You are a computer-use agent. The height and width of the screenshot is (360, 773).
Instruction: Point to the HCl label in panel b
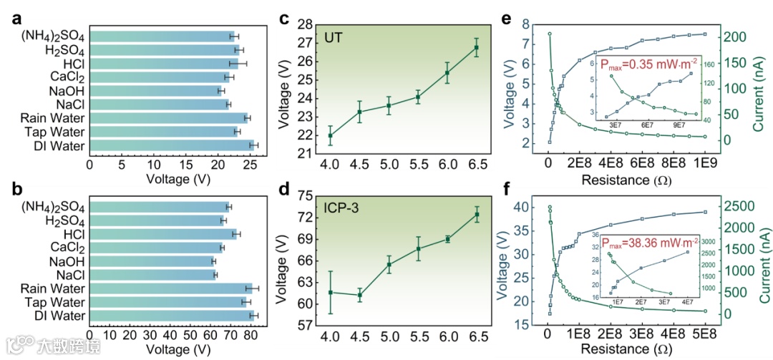[x=74, y=234]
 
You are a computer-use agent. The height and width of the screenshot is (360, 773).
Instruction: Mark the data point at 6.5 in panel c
[x=476, y=48]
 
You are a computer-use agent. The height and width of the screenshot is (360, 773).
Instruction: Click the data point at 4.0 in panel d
[x=330, y=292]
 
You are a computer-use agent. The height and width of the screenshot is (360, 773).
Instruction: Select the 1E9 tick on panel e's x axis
[x=705, y=162]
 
